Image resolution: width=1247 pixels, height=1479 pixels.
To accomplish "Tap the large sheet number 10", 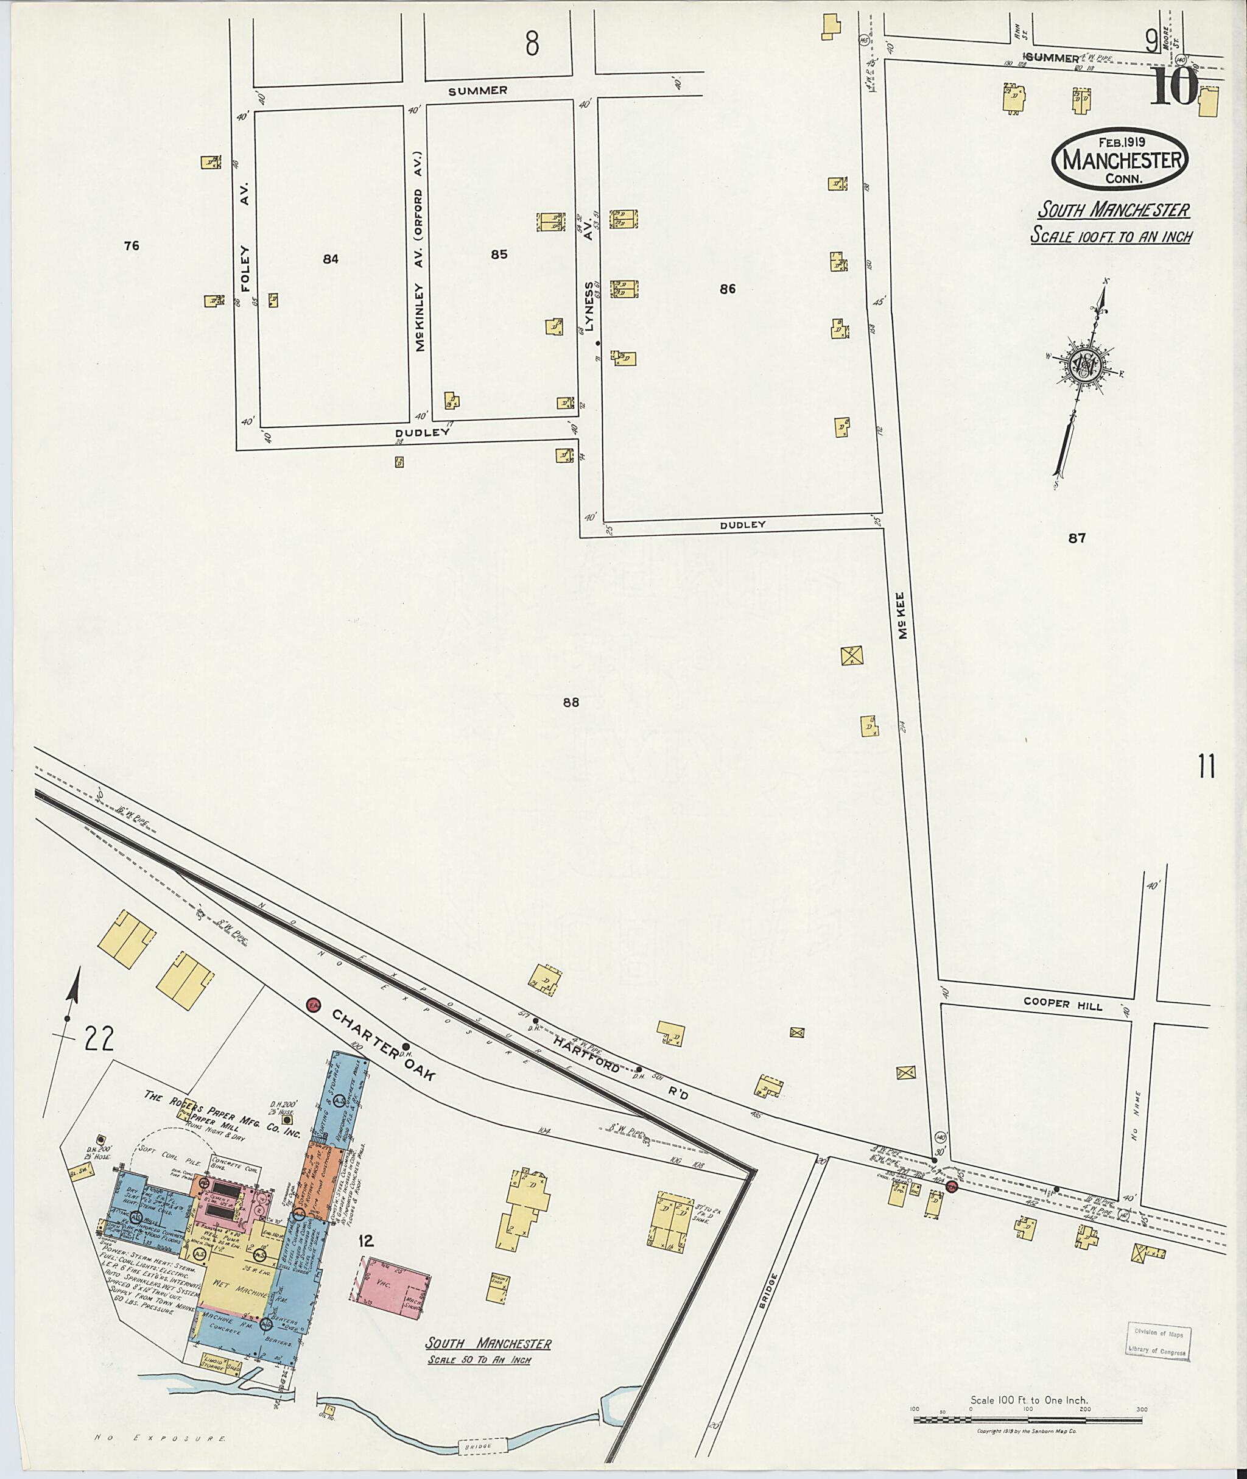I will click(1173, 86).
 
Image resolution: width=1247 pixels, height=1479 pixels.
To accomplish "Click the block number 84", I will click(330, 259).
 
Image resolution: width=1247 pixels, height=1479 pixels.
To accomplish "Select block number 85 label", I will click(499, 255).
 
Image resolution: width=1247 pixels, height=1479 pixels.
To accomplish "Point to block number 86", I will click(728, 289).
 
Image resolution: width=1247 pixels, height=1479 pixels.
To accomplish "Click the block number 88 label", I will click(571, 703).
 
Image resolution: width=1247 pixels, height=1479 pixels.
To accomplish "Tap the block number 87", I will click(1077, 538).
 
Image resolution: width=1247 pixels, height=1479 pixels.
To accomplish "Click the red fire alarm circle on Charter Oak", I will click(312, 1004).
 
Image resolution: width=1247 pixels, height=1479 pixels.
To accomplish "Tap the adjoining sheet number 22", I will click(98, 1038).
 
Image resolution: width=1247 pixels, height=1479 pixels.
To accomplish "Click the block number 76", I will click(131, 246).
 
